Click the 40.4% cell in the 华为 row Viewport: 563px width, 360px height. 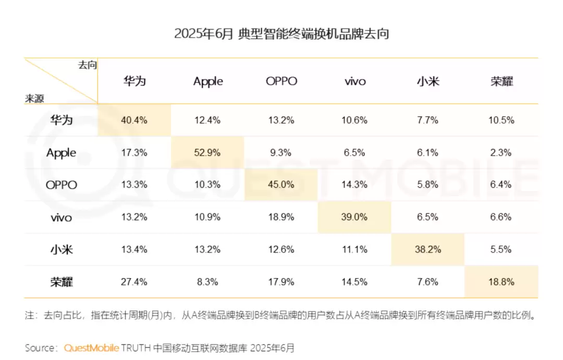134,120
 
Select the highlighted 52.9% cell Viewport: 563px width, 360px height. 207,153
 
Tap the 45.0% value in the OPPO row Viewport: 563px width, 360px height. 281,185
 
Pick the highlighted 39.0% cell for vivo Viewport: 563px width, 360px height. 354,217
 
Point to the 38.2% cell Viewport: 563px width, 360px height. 428,249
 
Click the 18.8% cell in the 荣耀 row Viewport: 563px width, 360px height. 501,282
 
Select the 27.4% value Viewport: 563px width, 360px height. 134,282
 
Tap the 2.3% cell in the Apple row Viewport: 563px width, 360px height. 501,153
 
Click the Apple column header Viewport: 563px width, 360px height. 208,81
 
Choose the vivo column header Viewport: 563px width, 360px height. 355,81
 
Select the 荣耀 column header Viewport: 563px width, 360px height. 501,81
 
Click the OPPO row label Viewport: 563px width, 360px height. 62,185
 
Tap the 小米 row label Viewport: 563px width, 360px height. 62,249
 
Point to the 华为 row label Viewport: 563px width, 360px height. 62,120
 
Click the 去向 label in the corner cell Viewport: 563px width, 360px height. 88,65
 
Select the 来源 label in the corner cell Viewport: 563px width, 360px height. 34,98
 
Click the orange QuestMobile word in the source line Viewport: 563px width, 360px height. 92,347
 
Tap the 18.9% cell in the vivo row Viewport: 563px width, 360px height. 281,217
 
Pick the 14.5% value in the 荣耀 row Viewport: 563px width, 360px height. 354,282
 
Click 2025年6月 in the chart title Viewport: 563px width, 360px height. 203,34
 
